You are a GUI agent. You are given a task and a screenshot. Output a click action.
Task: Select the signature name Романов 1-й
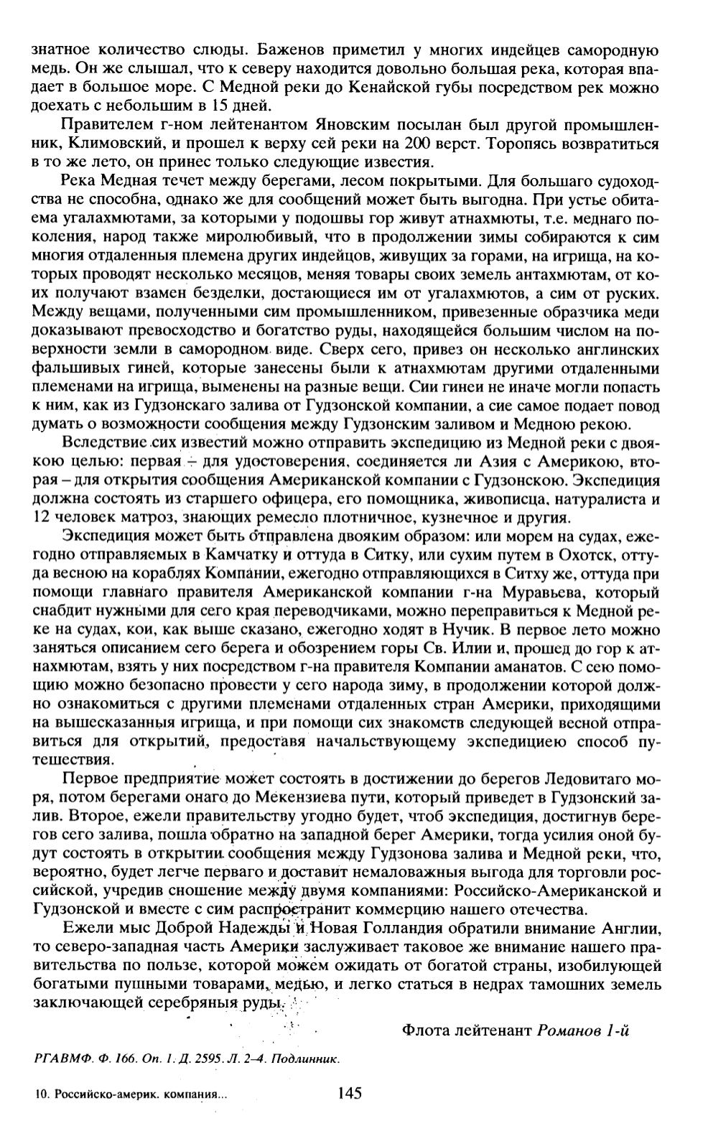click(582, 1031)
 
